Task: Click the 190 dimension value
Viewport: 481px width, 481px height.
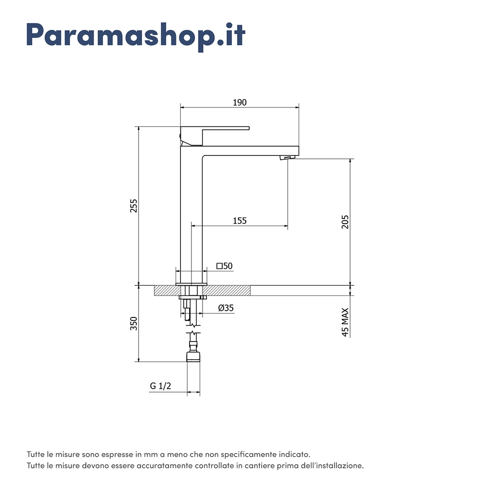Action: (x=240, y=102)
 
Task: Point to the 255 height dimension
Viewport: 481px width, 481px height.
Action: (x=134, y=206)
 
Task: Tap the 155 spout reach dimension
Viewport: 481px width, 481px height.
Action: (x=240, y=221)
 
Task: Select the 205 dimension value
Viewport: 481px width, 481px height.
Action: (x=345, y=222)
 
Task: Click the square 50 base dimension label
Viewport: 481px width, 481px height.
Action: (x=225, y=266)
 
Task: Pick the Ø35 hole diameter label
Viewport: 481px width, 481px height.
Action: (x=226, y=308)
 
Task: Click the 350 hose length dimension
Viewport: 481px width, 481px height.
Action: (x=134, y=324)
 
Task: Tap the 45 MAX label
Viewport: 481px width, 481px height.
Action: (x=345, y=322)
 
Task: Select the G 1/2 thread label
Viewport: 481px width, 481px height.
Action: (x=161, y=386)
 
